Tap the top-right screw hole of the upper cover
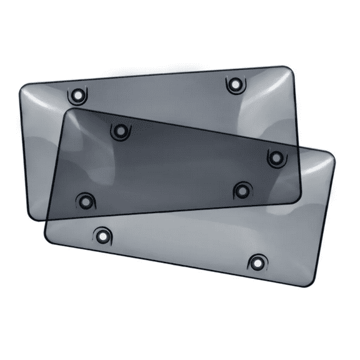tap(234, 83)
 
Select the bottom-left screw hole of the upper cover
tap(84, 201)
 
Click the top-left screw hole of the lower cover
tap(118, 131)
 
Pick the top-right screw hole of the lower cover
tap(274, 157)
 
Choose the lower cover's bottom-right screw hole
tap(257, 261)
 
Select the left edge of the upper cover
tap(22, 150)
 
